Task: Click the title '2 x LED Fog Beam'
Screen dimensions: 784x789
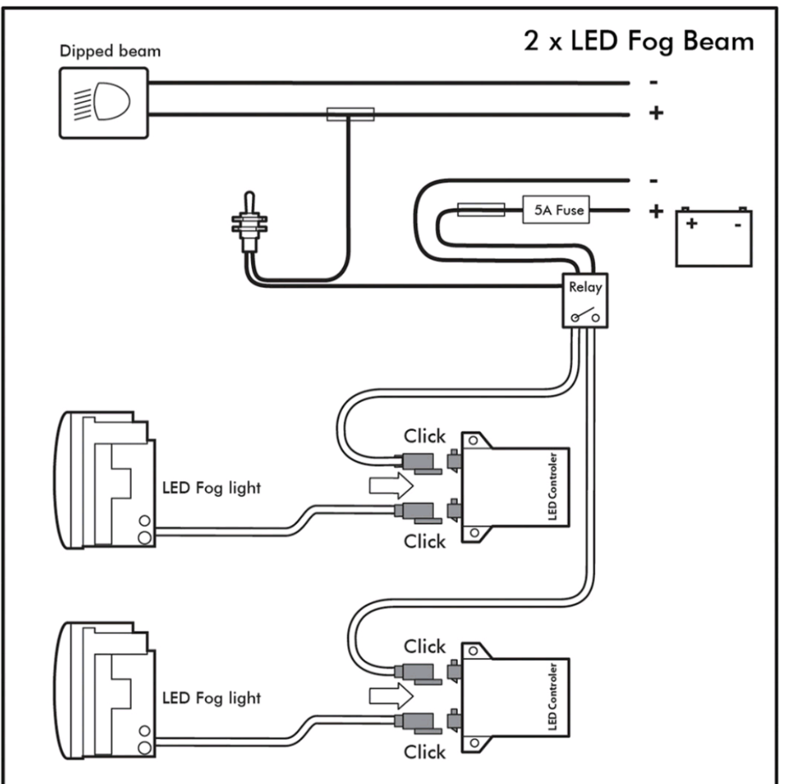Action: (637, 40)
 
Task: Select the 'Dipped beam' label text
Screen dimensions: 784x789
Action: (110, 51)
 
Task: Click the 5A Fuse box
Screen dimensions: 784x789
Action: (555, 209)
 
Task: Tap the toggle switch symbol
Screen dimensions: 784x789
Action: (249, 225)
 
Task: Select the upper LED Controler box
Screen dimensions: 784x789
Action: (514, 488)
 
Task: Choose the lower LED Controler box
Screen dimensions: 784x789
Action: (514, 699)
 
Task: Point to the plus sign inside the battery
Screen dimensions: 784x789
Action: (692, 224)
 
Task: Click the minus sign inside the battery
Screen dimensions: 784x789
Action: (737, 225)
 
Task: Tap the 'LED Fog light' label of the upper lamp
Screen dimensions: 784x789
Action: (211, 488)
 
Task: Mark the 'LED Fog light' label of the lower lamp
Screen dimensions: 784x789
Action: (211, 698)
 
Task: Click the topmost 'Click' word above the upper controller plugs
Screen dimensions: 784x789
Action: (425, 437)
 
